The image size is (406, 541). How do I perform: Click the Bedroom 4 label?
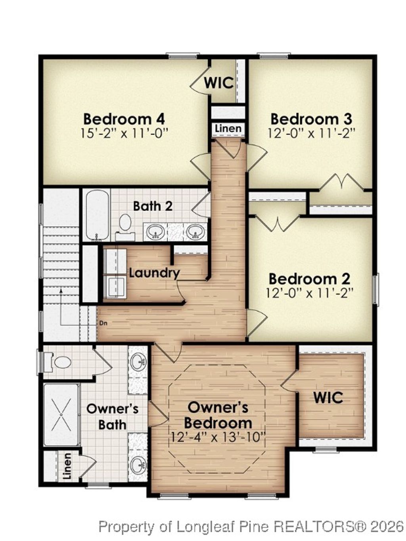point(124,119)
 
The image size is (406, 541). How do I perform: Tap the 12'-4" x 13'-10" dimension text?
point(218,437)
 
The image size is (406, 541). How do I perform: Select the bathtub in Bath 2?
point(98,215)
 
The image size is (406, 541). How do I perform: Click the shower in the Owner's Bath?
point(61,414)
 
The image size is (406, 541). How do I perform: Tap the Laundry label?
point(154,273)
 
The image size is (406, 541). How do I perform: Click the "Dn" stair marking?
point(103,323)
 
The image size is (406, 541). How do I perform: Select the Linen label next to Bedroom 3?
point(228,129)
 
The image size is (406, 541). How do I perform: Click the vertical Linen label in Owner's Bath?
point(67,466)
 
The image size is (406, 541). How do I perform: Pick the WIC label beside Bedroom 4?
point(218,83)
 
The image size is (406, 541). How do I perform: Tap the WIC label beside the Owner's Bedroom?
point(328,398)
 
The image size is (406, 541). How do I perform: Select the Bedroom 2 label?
point(309,279)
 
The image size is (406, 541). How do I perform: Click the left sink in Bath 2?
point(155,232)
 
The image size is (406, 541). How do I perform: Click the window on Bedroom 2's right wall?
point(376,289)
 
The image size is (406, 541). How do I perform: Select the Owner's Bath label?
point(112,416)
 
